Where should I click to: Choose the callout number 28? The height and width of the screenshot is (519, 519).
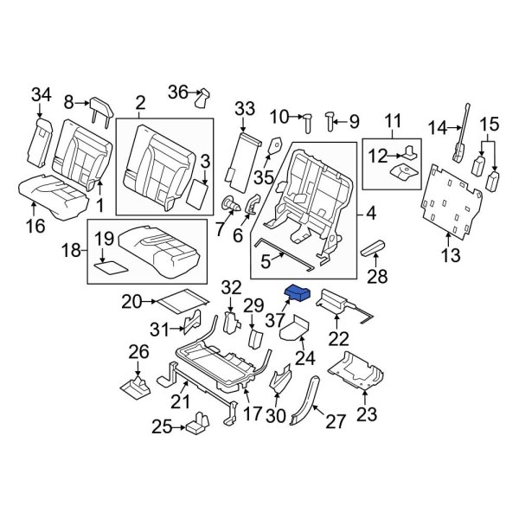pyautogui.click(x=377, y=276)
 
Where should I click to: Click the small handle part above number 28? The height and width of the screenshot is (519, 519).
pyautogui.click(x=377, y=249)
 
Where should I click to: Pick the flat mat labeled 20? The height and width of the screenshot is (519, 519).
pyautogui.click(x=179, y=300)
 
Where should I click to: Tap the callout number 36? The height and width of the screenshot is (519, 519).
pyautogui.click(x=177, y=92)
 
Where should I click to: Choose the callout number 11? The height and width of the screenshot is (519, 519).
pyautogui.click(x=394, y=119)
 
